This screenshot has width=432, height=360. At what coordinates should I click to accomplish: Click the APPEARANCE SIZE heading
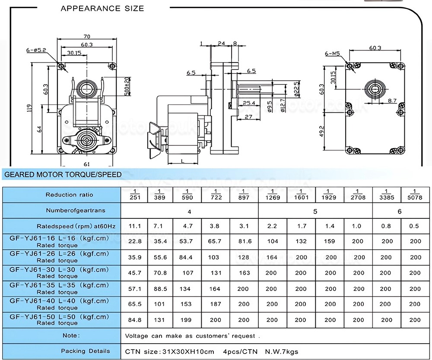[102, 8]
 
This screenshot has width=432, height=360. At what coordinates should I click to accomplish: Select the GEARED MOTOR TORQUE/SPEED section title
[63, 175]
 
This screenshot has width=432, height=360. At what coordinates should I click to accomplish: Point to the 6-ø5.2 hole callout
[35, 51]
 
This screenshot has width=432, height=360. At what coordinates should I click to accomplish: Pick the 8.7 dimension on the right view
[392, 100]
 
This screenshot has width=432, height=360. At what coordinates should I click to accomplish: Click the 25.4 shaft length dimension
[248, 103]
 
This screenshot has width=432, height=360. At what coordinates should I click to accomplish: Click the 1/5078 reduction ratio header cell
[415, 195]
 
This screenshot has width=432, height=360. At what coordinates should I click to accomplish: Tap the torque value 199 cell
[187, 320]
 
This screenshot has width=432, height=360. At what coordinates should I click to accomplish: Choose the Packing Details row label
[85, 351]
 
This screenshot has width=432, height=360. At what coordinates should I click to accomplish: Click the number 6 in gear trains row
[400, 211]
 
